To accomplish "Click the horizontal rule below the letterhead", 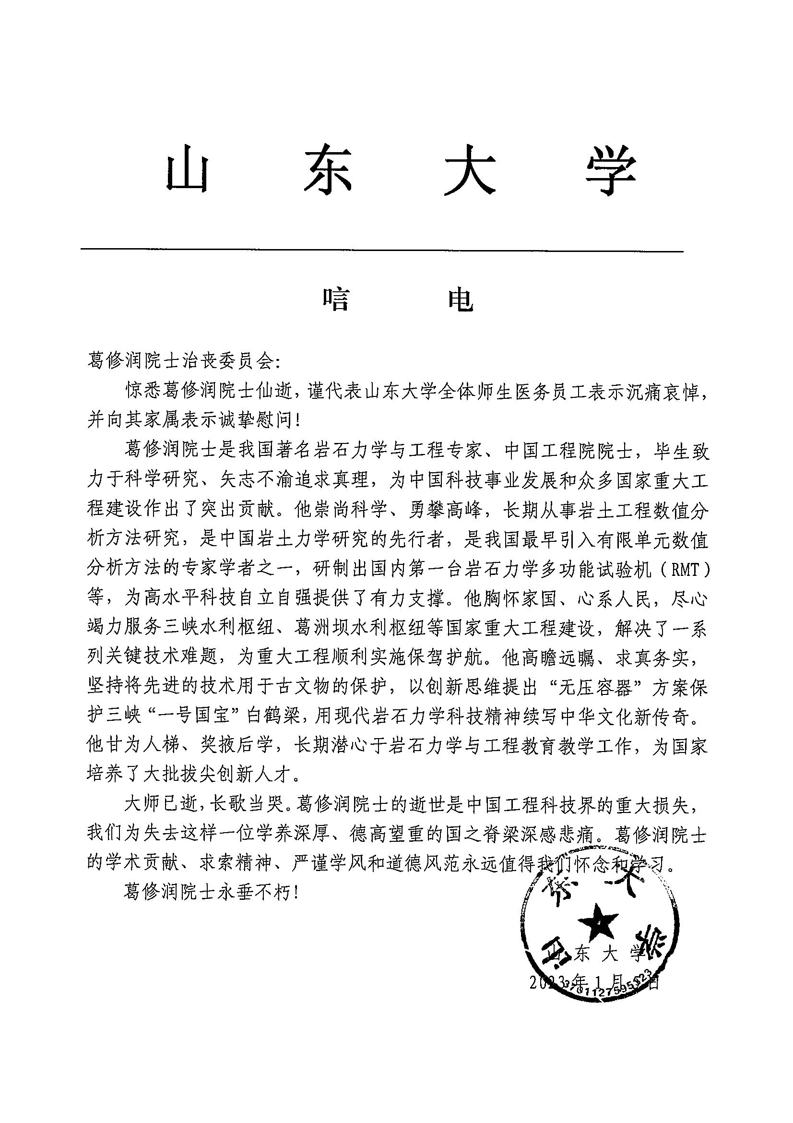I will click(x=381, y=251).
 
